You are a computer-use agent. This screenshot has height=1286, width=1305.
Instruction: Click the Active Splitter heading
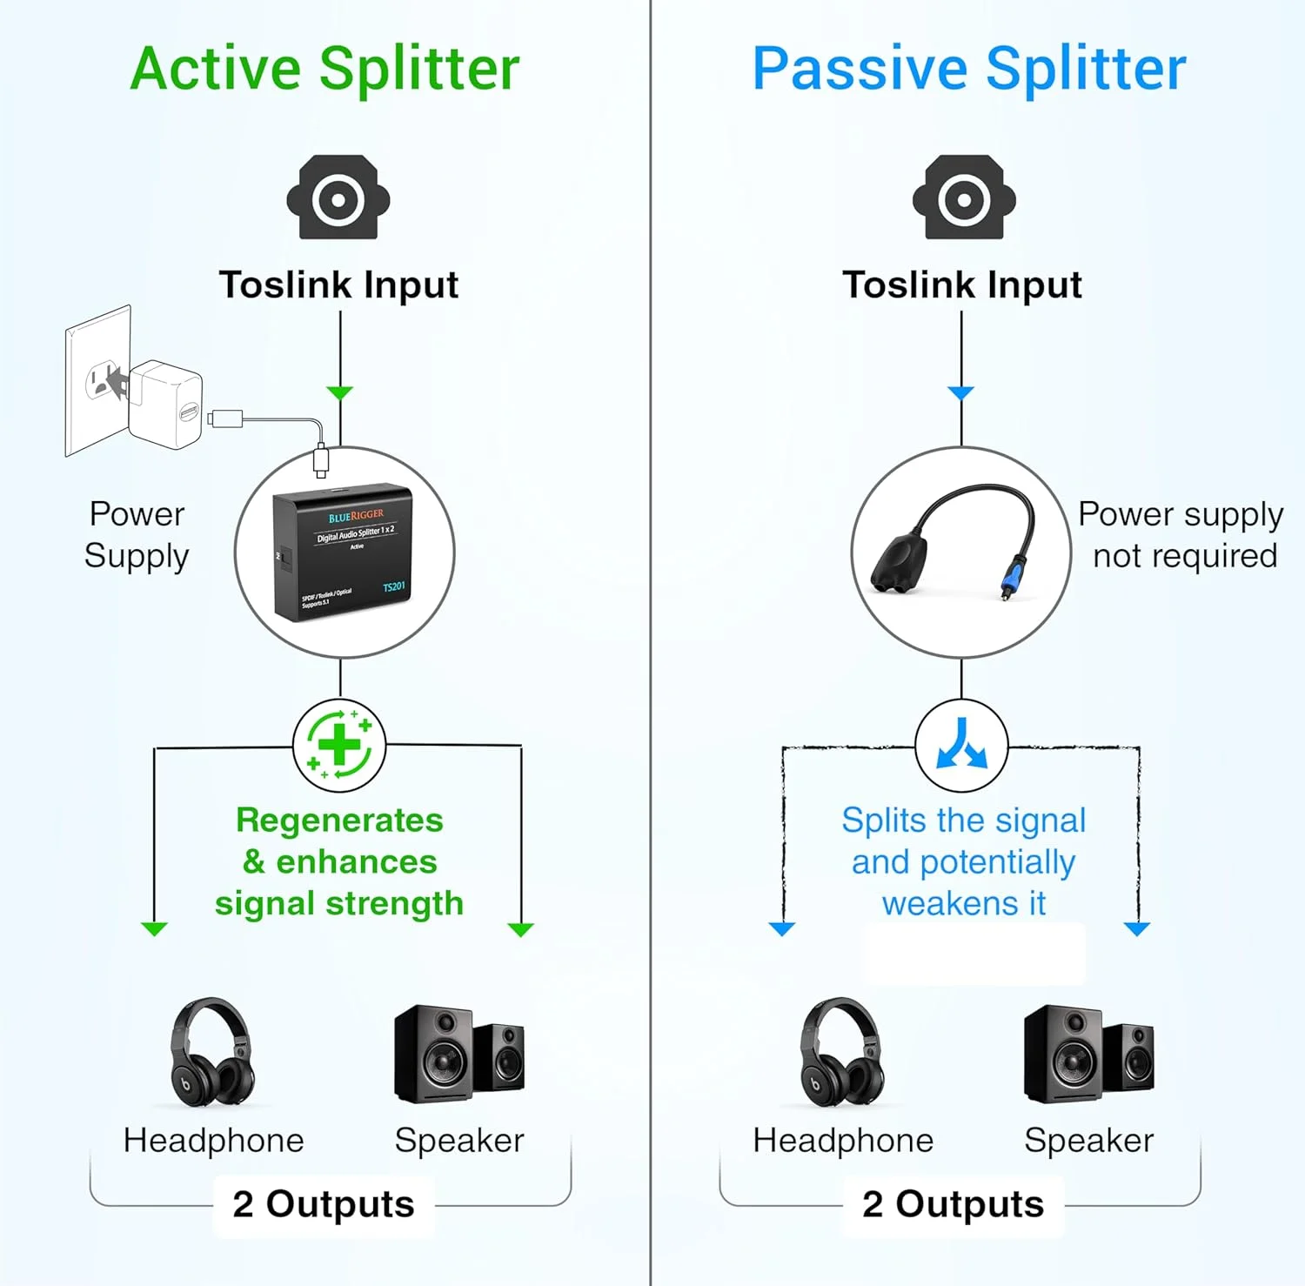coord(325,70)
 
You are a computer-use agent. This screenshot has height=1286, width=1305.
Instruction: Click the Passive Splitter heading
coord(968,70)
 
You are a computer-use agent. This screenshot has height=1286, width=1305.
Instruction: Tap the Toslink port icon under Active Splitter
coord(338,198)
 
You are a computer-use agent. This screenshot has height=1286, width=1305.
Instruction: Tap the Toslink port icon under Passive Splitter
coord(963,198)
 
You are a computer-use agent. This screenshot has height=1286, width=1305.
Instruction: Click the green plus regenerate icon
coord(339,746)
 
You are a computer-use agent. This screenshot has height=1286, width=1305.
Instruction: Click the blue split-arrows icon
coord(961,746)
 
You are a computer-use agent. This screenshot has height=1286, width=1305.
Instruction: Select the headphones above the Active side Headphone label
coord(211,1053)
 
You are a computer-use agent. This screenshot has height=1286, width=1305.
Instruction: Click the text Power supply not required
coord(1181,534)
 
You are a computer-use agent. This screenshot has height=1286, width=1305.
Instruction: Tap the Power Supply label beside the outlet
coord(137,534)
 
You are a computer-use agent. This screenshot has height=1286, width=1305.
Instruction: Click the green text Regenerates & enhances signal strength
coord(339,861)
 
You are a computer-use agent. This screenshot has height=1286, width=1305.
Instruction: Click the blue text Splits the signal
coord(963,820)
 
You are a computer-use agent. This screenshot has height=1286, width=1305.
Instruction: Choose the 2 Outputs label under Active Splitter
coord(324,1204)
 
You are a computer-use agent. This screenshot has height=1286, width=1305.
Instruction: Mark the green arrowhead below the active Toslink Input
coord(340,393)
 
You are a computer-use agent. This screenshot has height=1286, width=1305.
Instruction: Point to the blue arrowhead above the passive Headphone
coord(782,929)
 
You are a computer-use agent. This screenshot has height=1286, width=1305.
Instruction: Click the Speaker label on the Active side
coord(459,1141)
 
